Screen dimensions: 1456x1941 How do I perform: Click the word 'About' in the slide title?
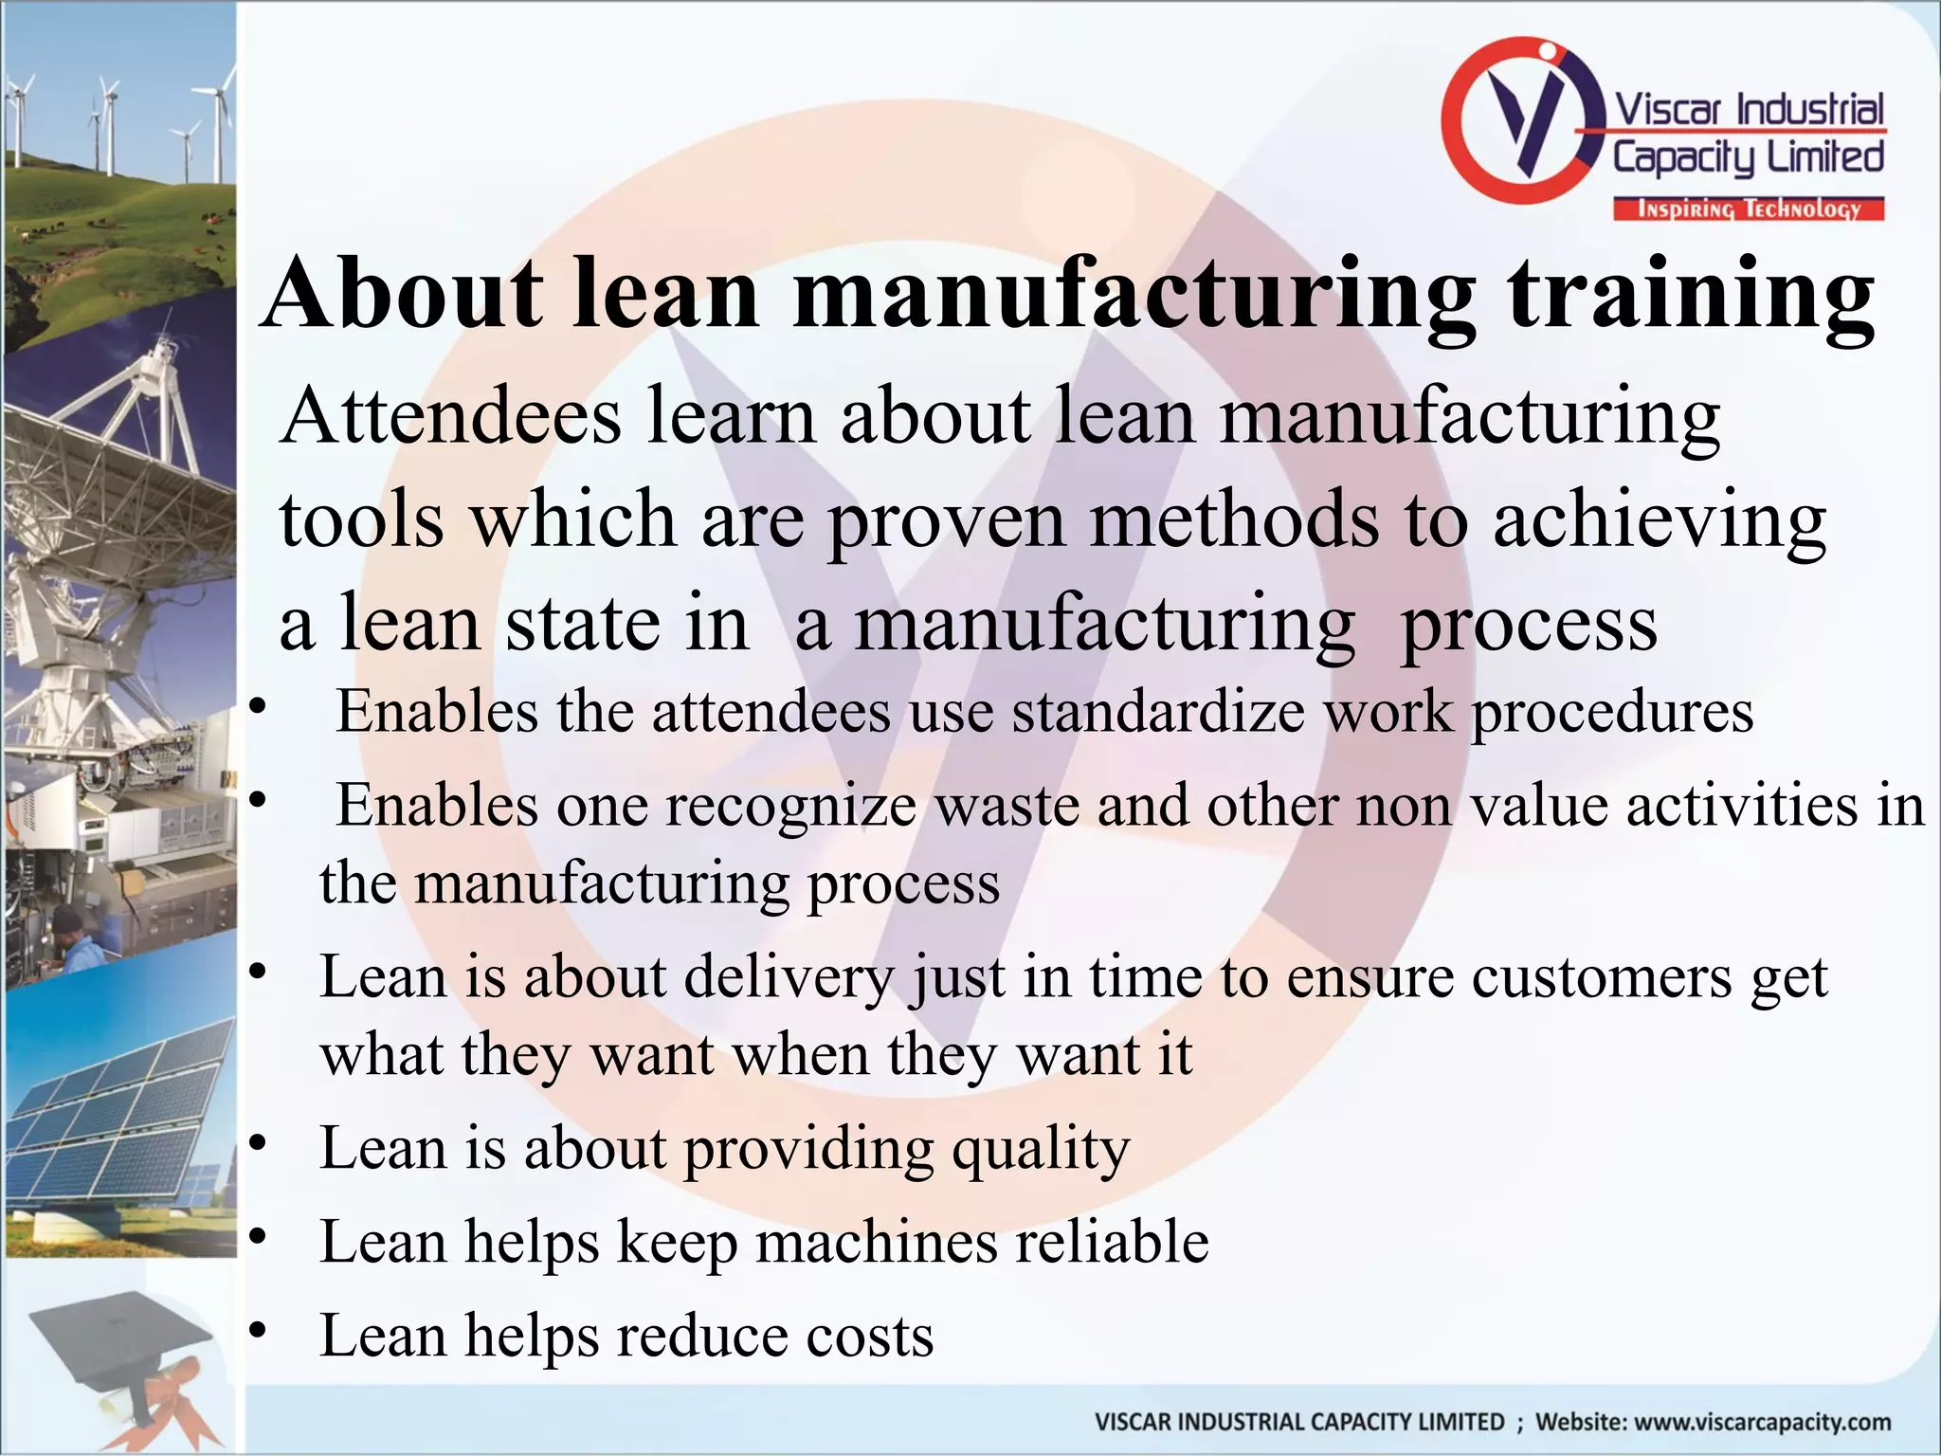click(404, 293)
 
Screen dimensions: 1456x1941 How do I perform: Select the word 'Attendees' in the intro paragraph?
click(451, 418)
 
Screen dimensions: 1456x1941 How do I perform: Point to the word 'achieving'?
click(1660, 522)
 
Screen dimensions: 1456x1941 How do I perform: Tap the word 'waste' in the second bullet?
click(1006, 807)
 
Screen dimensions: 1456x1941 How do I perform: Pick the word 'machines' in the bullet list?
click(876, 1243)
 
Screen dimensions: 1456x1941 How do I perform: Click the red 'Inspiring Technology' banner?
click(1749, 209)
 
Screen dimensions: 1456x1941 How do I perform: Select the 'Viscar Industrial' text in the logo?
click(1749, 110)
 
